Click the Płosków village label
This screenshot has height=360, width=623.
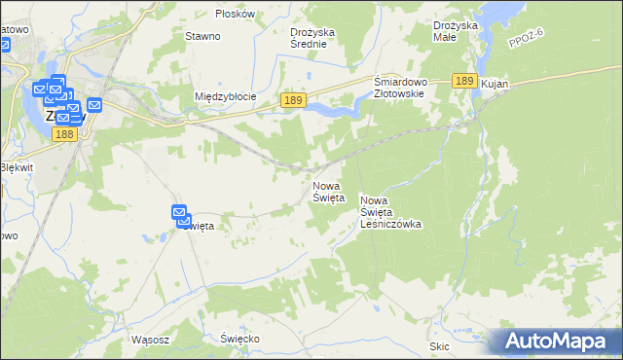236,14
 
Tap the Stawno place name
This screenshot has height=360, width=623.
202,36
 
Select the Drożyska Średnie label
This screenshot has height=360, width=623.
312,37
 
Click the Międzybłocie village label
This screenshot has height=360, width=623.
225,96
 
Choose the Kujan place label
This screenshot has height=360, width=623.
495,86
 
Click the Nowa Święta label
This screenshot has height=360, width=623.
328,191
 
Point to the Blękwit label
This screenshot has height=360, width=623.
17,166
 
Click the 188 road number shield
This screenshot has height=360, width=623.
64,134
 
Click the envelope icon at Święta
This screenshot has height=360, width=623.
180,213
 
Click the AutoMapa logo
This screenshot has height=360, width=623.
561,341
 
